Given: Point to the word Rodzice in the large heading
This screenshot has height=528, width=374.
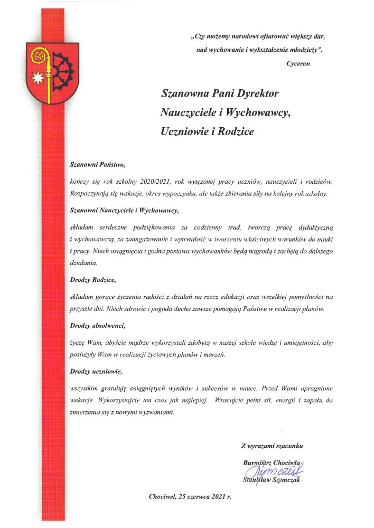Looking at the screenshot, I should pyautogui.click(x=233, y=131).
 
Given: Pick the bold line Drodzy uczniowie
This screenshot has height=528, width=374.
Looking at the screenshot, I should pyautogui.click(x=96, y=372).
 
